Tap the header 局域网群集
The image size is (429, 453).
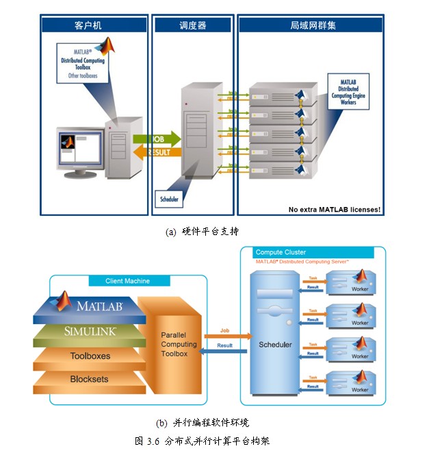tap(313, 25)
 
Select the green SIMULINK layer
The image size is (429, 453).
tap(89, 331)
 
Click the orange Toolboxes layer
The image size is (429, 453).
tap(89, 356)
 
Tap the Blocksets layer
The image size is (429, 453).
tap(89, 379)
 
